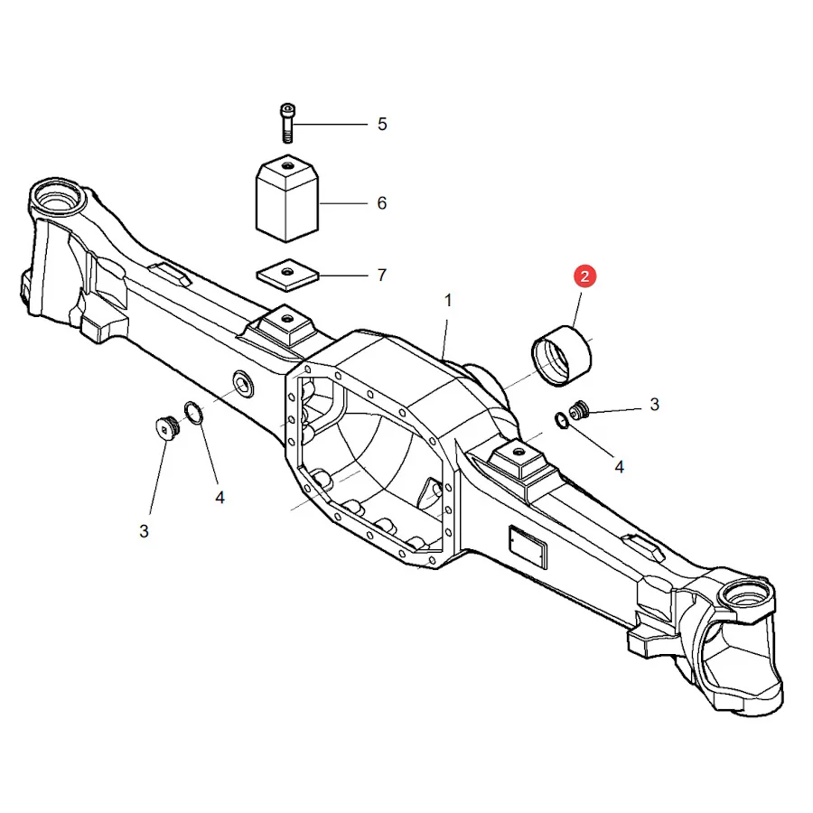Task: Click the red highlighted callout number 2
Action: (x=584, y=276)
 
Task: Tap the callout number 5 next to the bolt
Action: (x=382, y=125)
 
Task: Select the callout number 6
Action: (x=382, y=203)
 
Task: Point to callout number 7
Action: (x=382, y=275)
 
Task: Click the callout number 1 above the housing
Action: (x=448, y=300)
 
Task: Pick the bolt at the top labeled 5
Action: (x=286, y=124)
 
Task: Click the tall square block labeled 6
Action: (x=286, y=199)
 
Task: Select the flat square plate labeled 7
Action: (x=287, y=275)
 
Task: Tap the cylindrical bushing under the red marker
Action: (x=562, y=356)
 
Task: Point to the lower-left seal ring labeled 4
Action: (x=193, y=412)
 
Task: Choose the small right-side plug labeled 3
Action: (x=579, y=410)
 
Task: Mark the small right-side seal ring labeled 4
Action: (x=561, y=420)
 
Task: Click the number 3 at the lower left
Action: (x=145, y=531)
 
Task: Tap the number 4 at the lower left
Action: (x=220, y=498)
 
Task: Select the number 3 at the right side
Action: (x=654, y=405)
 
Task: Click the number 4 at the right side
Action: (x=619, y=467)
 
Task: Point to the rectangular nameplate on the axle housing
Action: (x=528, y=547)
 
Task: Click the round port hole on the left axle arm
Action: (x=242, y=384)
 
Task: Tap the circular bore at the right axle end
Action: (x=743, y=596)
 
